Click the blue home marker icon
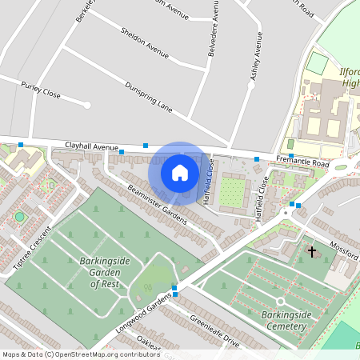[180, 173]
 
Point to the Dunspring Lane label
[149, 95]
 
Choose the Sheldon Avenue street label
[144, 44]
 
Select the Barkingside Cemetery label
[286, 320]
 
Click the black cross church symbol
[312, 252]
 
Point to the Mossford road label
[343, 249]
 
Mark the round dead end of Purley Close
[87, 105]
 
